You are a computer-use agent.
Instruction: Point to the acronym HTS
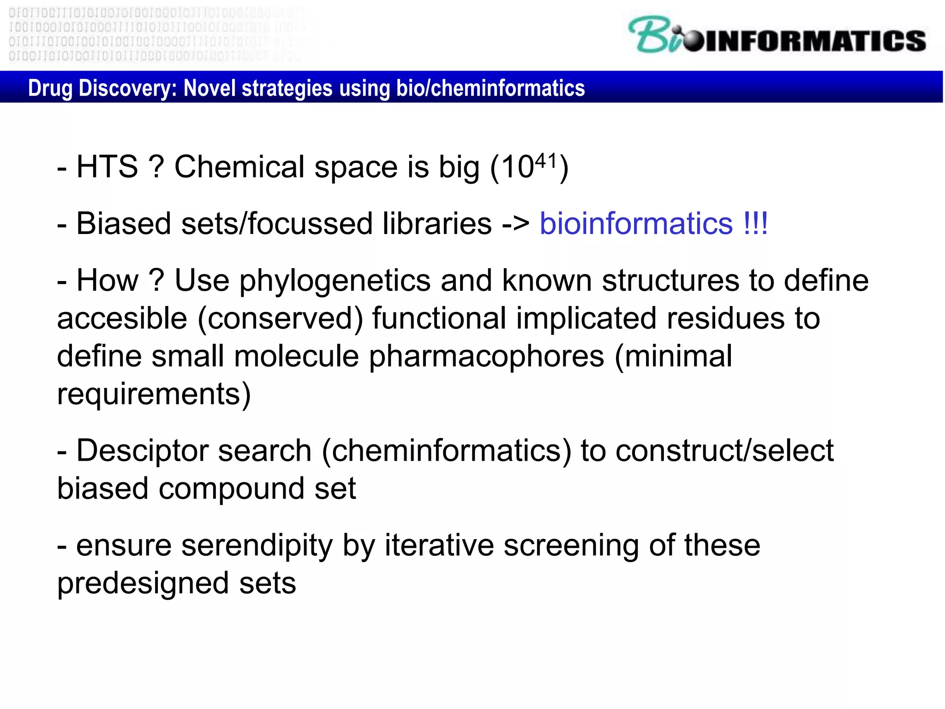pyautogui.click(x=107, y=167)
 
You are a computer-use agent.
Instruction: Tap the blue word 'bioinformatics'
pyautogui.click(x=636, y=224)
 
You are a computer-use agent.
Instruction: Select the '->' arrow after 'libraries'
pyautogui.click(x=516, y=224)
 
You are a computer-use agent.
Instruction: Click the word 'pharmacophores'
pyautogui.click(x=486, y=356)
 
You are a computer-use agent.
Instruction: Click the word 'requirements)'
pyautogui.click(x=154, y=394)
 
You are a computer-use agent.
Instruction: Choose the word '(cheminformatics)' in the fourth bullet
pyautogui.click(x=446, y=451)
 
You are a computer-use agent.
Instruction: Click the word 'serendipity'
pyautogui.click(x=257, y=546)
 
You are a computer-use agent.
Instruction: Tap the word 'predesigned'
pyautogui.click(x=143, y=583)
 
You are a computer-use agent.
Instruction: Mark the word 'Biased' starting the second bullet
pyautogui.click(x=123, y=224)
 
